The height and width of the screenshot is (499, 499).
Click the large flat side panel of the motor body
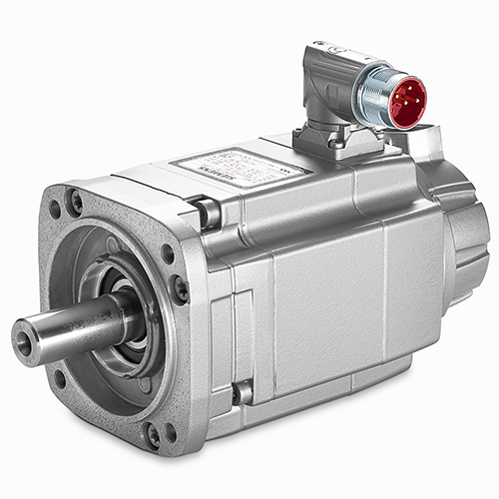pyautogui.click(x=329, y=289)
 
